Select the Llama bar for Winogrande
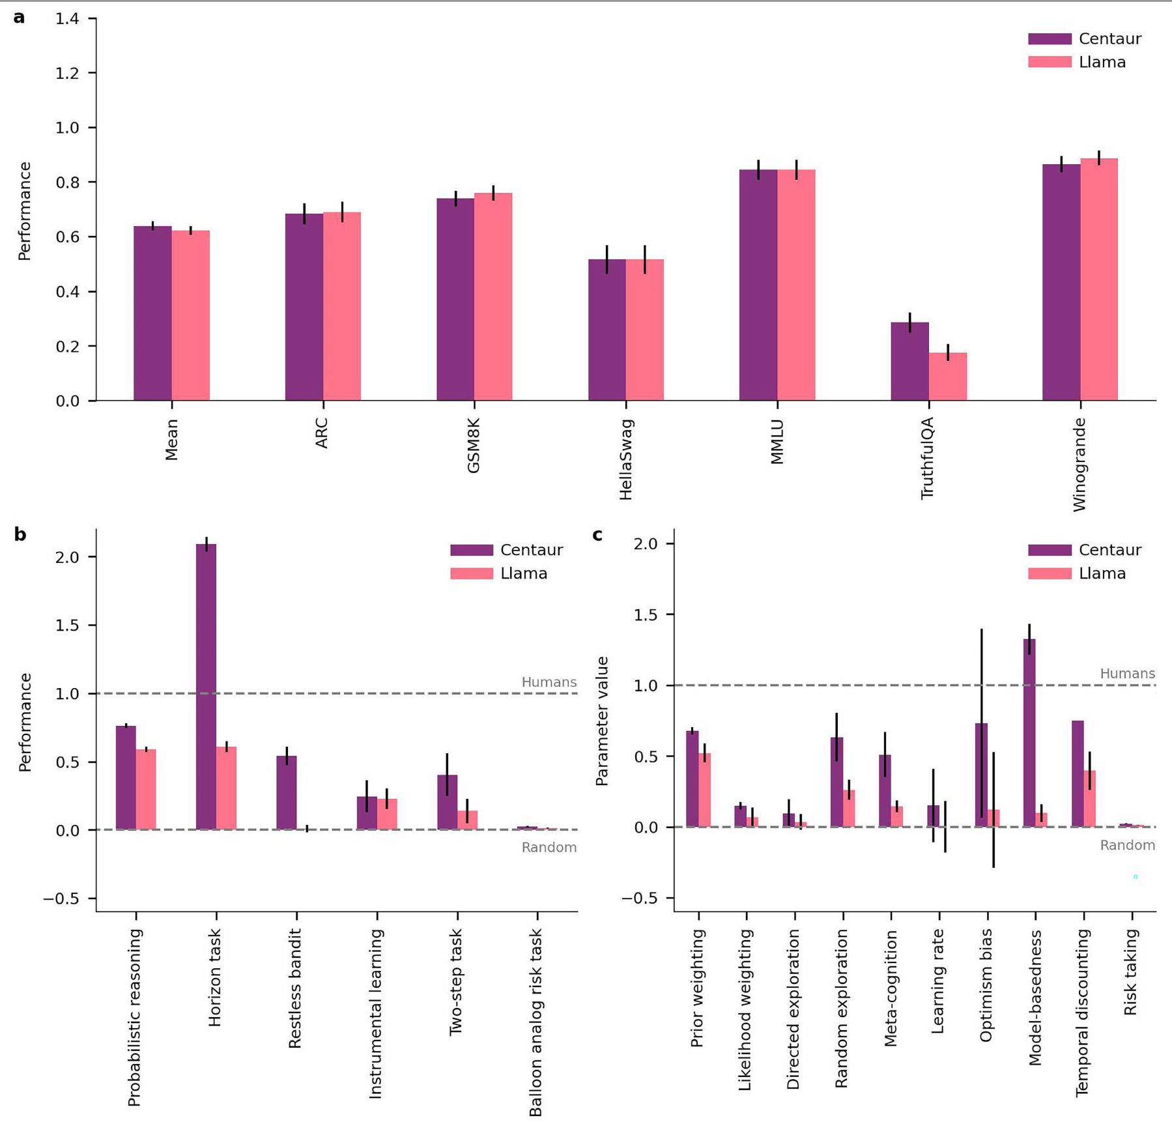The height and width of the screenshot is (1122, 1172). (1099, 280)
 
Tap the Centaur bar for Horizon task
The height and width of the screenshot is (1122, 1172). (206, 687)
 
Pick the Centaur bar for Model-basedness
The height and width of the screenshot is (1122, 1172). (1029, 733)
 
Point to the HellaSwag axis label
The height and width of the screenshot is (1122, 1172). (626, 460)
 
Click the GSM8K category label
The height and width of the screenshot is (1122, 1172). (474, 446)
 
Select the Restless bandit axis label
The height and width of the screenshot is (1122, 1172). (295, 989)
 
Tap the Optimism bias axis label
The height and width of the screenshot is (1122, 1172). (986, 985)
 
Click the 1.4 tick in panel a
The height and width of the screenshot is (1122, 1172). (67, 19)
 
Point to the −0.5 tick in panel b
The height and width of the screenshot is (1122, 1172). (61, 899)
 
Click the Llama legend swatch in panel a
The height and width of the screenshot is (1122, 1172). (1050, 62)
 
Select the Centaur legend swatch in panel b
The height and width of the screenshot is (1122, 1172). (472, 550)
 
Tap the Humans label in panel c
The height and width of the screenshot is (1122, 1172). (1127, 674)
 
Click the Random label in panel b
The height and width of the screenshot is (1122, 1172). (549, 847)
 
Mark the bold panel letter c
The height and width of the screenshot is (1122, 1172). (597, 535)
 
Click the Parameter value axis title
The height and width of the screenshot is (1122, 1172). (602, 721)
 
